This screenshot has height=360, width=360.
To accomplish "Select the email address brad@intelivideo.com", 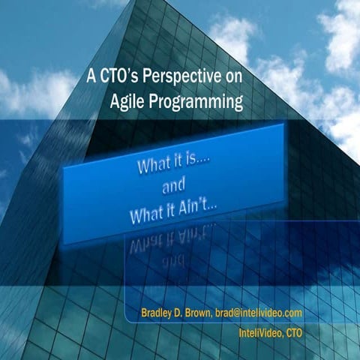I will pyautogui.click(x=257, y=312).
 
